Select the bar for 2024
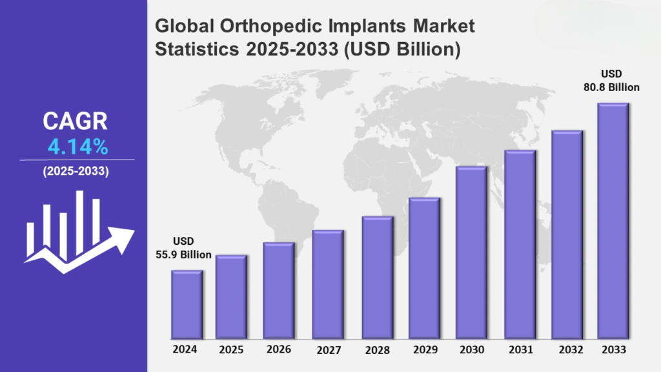[x=187, y=304]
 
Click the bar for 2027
[x=328, y=284]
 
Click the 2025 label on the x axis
[x=230, y=351]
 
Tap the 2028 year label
[x=377, y=351]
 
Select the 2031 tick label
[x=520, y=351]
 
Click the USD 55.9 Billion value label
[x=183, y=248]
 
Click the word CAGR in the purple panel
[x=76, y=121]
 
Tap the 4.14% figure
[x=77, y=147]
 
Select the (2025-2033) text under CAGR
[x=76, y=172]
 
